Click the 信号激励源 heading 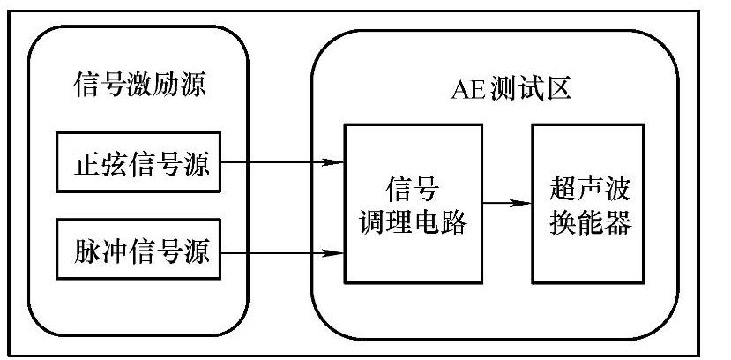pyautogui.click(x=142, y=86)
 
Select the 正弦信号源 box pyautogui.click(x=142, y=162)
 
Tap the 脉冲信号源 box pyautogui.click(x=142, y=251)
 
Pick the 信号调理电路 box pyautogui.click(x=413, y=203)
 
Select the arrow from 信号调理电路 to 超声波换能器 pyautogui.click(x=507, y=203)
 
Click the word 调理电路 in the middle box pyautogui.click(x=413, y=221)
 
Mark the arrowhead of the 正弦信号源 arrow pyautogui.click(x=334, y=162)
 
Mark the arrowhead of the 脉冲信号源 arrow pyautogui.click(x=334, y=255)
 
